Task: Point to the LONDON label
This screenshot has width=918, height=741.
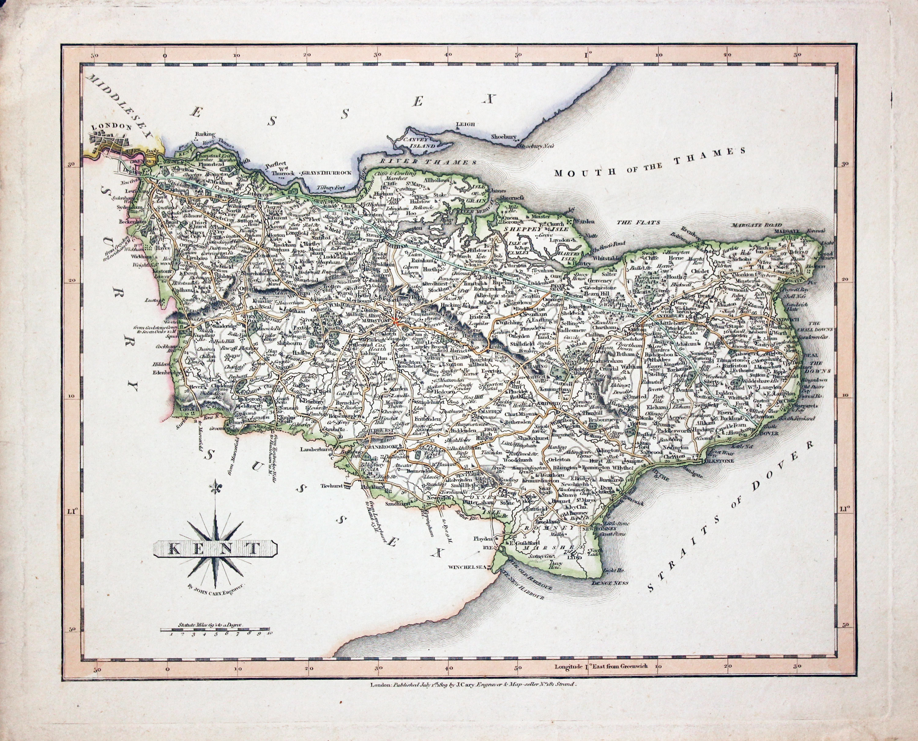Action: tap(110, 126)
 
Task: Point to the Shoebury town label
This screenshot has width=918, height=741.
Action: tap(504, 137)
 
